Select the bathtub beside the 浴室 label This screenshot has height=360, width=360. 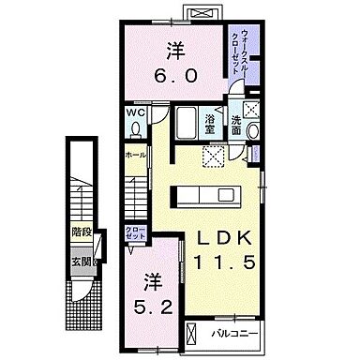coord(187,122)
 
